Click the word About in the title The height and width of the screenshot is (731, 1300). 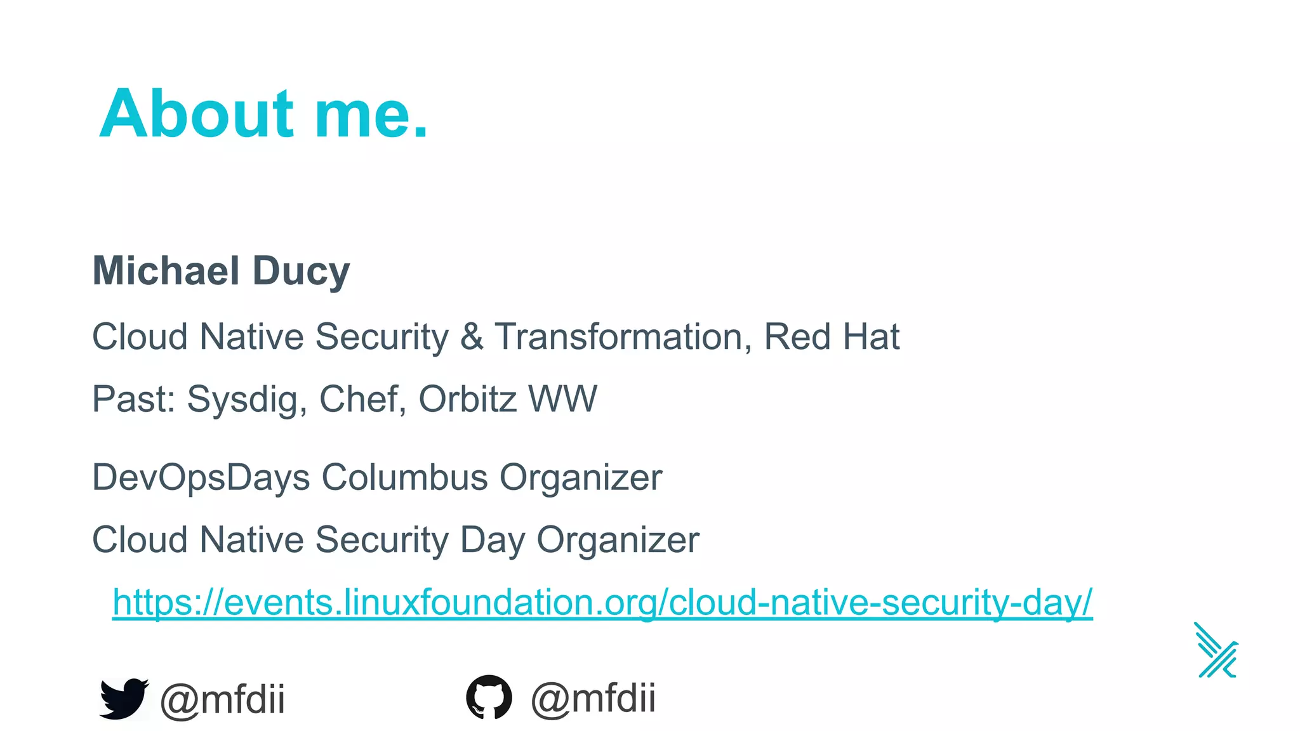[196, 114]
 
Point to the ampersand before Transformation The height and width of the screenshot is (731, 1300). [472, 336]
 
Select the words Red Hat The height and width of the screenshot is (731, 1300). [832, 336]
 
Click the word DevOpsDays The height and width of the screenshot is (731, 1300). [201, 478]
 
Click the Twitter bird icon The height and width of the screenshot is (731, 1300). [123, 699]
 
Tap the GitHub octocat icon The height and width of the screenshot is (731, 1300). [489, 697]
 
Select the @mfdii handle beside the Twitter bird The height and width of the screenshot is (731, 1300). [222, 699]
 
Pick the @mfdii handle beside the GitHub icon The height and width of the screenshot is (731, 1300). [593, 698]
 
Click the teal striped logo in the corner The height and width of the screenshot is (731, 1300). [1216, 650]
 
